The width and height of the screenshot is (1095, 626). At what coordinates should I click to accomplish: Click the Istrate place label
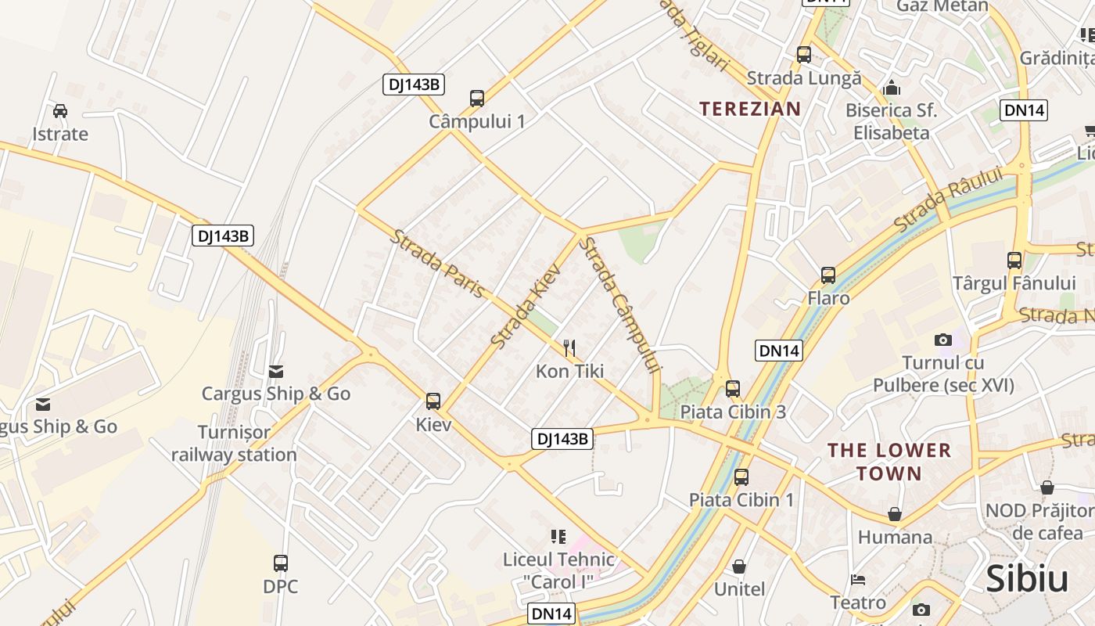[x=60, y=134]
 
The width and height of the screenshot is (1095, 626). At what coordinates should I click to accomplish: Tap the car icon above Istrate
[x=60, y=111]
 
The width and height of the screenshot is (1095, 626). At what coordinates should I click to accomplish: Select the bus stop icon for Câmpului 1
[x=477, y=99]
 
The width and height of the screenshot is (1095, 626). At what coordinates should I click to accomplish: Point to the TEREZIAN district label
[x=750, y=109]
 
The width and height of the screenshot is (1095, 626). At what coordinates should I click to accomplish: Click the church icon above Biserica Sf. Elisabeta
[x=891, y=88]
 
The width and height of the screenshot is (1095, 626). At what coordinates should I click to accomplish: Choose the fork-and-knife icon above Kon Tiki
[x=569, y=347]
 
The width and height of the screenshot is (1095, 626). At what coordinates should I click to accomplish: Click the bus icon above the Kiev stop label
[x=433, y=401]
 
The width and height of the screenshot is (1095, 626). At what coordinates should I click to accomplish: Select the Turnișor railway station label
[x=234, y=444]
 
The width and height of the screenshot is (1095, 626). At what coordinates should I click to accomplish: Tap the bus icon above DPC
[x=281, y=563]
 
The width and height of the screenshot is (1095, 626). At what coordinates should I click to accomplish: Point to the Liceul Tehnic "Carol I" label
[x=558, y=571]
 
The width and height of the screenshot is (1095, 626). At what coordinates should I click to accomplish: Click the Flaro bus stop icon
[x=828, y=275]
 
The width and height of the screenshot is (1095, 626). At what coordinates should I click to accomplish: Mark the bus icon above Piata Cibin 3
[x=733, y=388]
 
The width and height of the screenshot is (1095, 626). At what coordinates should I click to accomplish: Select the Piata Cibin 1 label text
[x=741, y=500]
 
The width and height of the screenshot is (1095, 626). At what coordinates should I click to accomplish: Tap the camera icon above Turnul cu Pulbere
[x=943, y=340]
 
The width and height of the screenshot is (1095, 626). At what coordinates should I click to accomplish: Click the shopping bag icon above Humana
[x=895, y=514]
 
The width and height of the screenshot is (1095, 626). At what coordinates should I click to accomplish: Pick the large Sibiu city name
[x=1027, y=579]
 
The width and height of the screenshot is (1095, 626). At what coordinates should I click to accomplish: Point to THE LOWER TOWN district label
[x=889, y=462]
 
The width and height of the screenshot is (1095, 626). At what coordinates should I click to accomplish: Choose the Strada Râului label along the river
[x=948, y=200]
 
